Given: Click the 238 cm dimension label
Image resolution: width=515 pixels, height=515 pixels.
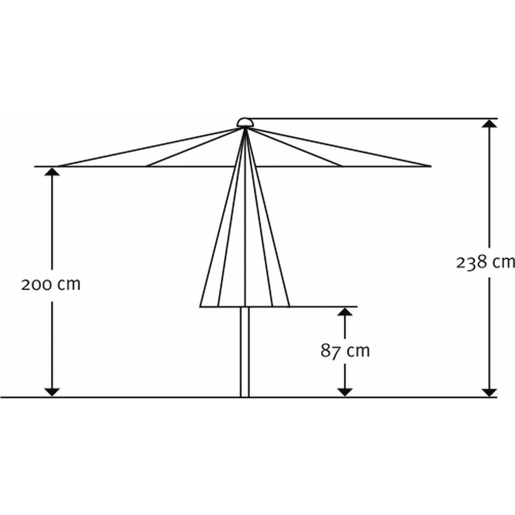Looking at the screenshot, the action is pyautogui.click(x=485, y=262).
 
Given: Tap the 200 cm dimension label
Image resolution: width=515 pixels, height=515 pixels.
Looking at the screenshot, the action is pyautogui.click(x=51, y=285).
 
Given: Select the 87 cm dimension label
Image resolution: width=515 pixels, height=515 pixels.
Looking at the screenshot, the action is pyautogui.click(x=345, y=351).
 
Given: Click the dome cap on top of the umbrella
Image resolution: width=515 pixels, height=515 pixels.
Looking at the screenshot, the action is pyautogui.click(x=245, y=122).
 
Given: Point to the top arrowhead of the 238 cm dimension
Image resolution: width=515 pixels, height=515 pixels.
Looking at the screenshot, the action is pyautogui.click(x=490, y=124).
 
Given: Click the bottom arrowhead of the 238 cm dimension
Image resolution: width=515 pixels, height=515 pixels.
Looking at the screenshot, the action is pyautogui.click(x=490, y=392).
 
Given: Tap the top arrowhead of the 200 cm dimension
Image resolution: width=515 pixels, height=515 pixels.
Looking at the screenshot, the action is pyautogui.click(x=52, y=172).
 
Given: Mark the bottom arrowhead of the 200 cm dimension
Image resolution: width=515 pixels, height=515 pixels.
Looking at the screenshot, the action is pyautogui.click(x=52, y=392).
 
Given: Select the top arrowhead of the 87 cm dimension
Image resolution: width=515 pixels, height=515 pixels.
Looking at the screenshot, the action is pyautogui.click(x=345, y=312).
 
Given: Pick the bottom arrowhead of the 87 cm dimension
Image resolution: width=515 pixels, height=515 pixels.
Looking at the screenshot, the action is pyautogui.click(x=345, y=392).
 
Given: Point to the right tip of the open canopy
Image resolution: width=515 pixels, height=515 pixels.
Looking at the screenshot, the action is pyautogui.click(x=430, y=166).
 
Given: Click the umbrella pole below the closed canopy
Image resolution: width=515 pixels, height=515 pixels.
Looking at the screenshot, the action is pyautogui.click(x=245, y=352).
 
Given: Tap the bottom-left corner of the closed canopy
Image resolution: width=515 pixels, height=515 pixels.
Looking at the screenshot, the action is pyautogui.click(x=201, y=306).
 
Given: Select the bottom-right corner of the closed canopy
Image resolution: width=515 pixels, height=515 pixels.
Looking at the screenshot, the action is pyautogui.click(x=289, y=306).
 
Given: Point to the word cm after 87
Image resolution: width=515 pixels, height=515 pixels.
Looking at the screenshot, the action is pyautogui.click(x=358, y=351).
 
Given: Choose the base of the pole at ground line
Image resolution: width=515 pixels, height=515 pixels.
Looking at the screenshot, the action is pyautogui.click(x=245, y=396).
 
